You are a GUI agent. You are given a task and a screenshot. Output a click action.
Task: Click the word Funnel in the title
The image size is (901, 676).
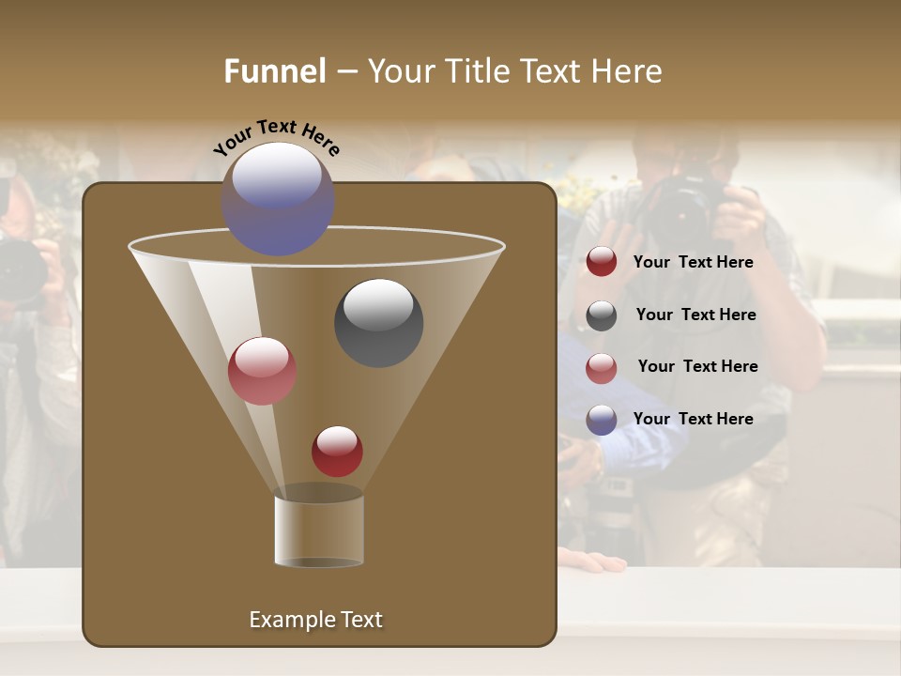275,71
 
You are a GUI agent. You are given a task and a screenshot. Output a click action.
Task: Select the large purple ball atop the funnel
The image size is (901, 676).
278,199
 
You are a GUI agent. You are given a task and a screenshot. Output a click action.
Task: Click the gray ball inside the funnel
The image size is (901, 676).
378,322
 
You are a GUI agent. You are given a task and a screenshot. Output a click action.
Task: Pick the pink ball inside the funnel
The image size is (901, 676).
262,370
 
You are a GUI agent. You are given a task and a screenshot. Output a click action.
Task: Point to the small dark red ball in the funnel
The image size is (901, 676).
337,451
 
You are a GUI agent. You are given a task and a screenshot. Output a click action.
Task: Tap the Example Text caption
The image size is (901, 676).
315,620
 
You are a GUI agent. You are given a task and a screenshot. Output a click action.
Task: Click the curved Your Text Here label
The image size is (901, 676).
277,137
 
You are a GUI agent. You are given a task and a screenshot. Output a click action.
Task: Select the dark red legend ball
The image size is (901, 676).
602,262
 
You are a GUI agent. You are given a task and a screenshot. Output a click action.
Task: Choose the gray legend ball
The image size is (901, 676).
602,315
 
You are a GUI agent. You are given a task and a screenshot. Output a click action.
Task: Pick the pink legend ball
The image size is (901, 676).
602,368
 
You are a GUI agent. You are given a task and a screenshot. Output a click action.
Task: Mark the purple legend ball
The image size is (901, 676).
602,420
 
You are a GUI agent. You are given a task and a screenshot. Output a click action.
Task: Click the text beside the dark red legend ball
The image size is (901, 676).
693,262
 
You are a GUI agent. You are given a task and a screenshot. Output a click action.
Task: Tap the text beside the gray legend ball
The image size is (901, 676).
695,315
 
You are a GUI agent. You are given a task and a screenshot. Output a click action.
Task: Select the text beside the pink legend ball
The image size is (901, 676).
697,366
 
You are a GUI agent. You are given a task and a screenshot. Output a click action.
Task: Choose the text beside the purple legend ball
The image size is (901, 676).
693,419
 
